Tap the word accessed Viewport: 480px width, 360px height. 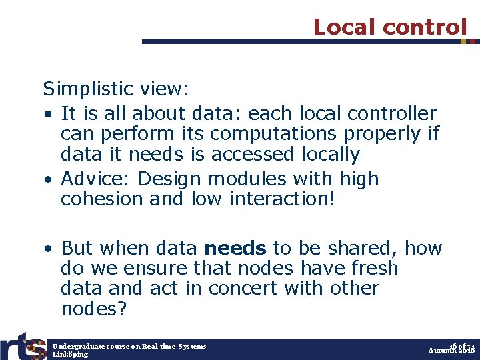pyautogui.click(x=252, y=154)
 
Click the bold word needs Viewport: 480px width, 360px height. pyautogui.click(x=235, y=249)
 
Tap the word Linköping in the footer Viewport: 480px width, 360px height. pyautogui.click(x=70, y=355)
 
